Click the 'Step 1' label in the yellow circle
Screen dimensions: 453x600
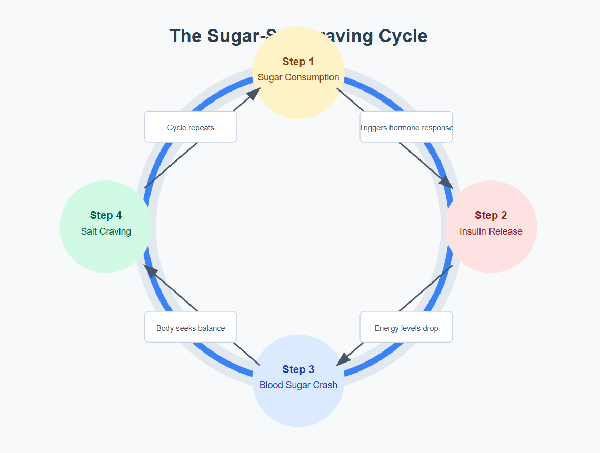click(x=298, y=62)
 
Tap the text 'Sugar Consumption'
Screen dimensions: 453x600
click(x=298, y=77)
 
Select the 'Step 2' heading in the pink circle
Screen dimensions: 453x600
click(x=491, y=215)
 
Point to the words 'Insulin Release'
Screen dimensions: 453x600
click(x=491, y=231)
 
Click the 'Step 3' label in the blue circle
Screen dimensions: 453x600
click(x=298, y=369)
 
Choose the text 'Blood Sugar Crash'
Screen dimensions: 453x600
click(x=298, y=385)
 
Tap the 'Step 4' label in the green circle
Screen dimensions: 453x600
click(x=106, y=215)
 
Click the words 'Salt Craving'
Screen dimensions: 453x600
click(x=106, y=231)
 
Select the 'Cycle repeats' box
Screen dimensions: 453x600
click(x=191, y=127)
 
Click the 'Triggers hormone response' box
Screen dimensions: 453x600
click(x=406, y=127)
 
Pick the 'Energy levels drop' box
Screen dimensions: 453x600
click(x=406, y=327)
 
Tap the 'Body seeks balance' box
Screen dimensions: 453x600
click(x=191, y=327)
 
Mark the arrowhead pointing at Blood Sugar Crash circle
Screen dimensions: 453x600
click(x=343, y=359)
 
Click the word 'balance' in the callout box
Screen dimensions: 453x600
click(x=212, y=328)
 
